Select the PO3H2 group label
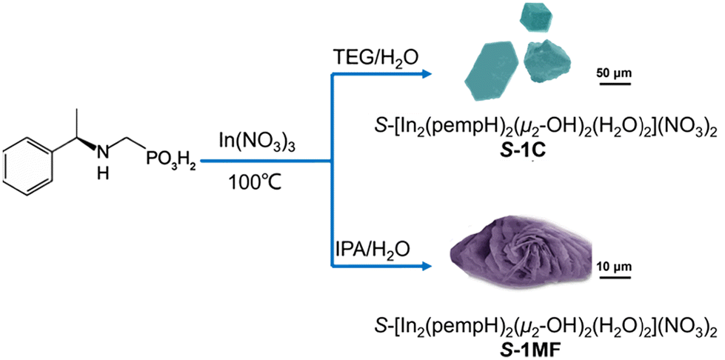[x=170, y=161]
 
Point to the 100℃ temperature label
[x=255, y=185]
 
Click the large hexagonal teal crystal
[x=491, y=70]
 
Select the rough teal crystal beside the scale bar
[x=547, y=59]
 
